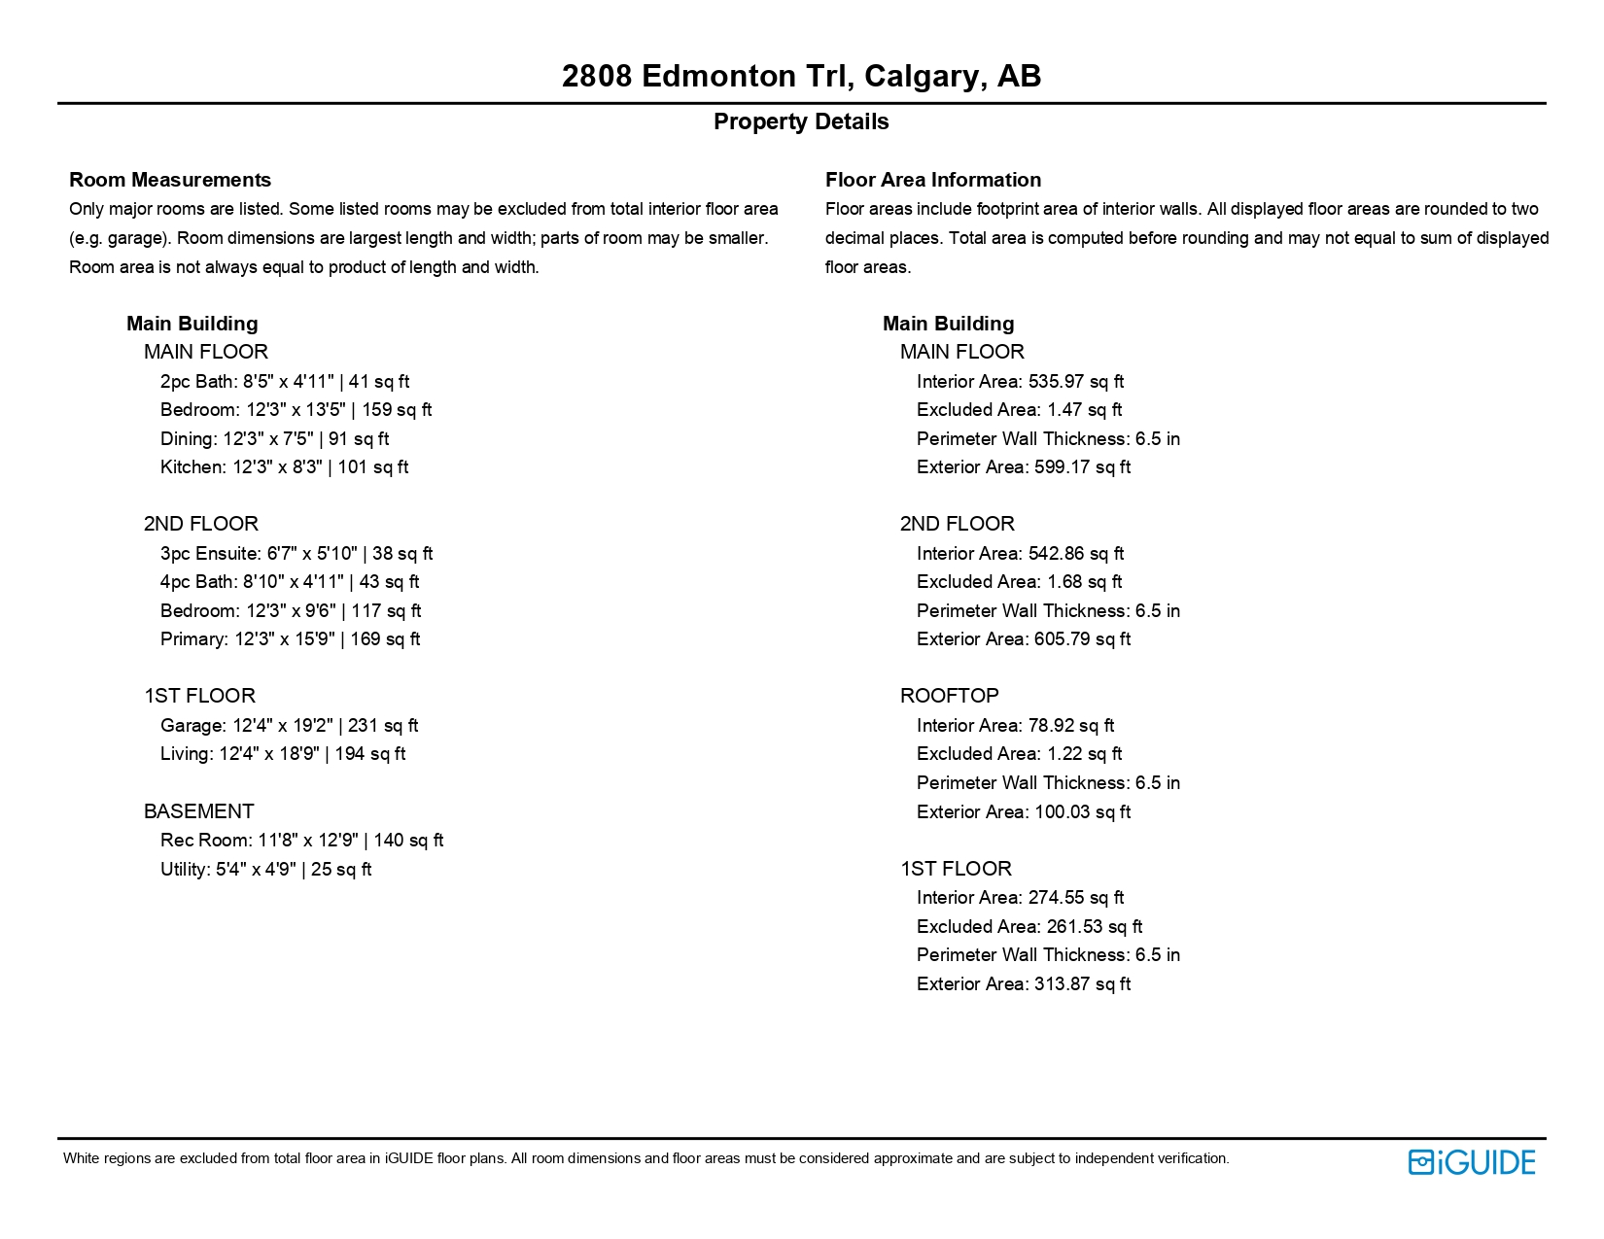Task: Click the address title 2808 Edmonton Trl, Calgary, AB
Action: [x=801, y=76]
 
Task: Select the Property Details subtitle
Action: [x=801, y=121]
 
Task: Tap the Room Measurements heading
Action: [x=170, y=180]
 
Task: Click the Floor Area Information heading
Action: [x=932, y=180]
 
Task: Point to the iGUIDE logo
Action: [x=1471, y=1162]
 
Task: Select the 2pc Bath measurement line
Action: [x=285, y=382]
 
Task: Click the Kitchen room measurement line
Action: [x=284, y=467]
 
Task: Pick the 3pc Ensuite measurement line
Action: [x=296, y=554]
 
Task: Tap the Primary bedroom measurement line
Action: [x=290, y=639]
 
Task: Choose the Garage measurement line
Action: [x=289, y=726]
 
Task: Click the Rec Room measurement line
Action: [x=301, y=841]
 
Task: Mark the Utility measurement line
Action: [x=265, y=870]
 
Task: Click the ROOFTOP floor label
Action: [x=949, y=696]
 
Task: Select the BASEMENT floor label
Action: [x=198, y=811]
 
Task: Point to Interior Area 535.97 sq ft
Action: [x=1020, y=382]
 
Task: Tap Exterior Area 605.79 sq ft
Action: [x=1023, y=639]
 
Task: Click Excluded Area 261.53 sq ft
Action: [x=1029, y=927]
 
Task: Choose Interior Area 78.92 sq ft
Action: [x=1015, y=726]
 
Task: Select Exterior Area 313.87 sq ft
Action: [x=1023, y=984]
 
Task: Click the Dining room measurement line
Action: [x=274, y=439]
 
